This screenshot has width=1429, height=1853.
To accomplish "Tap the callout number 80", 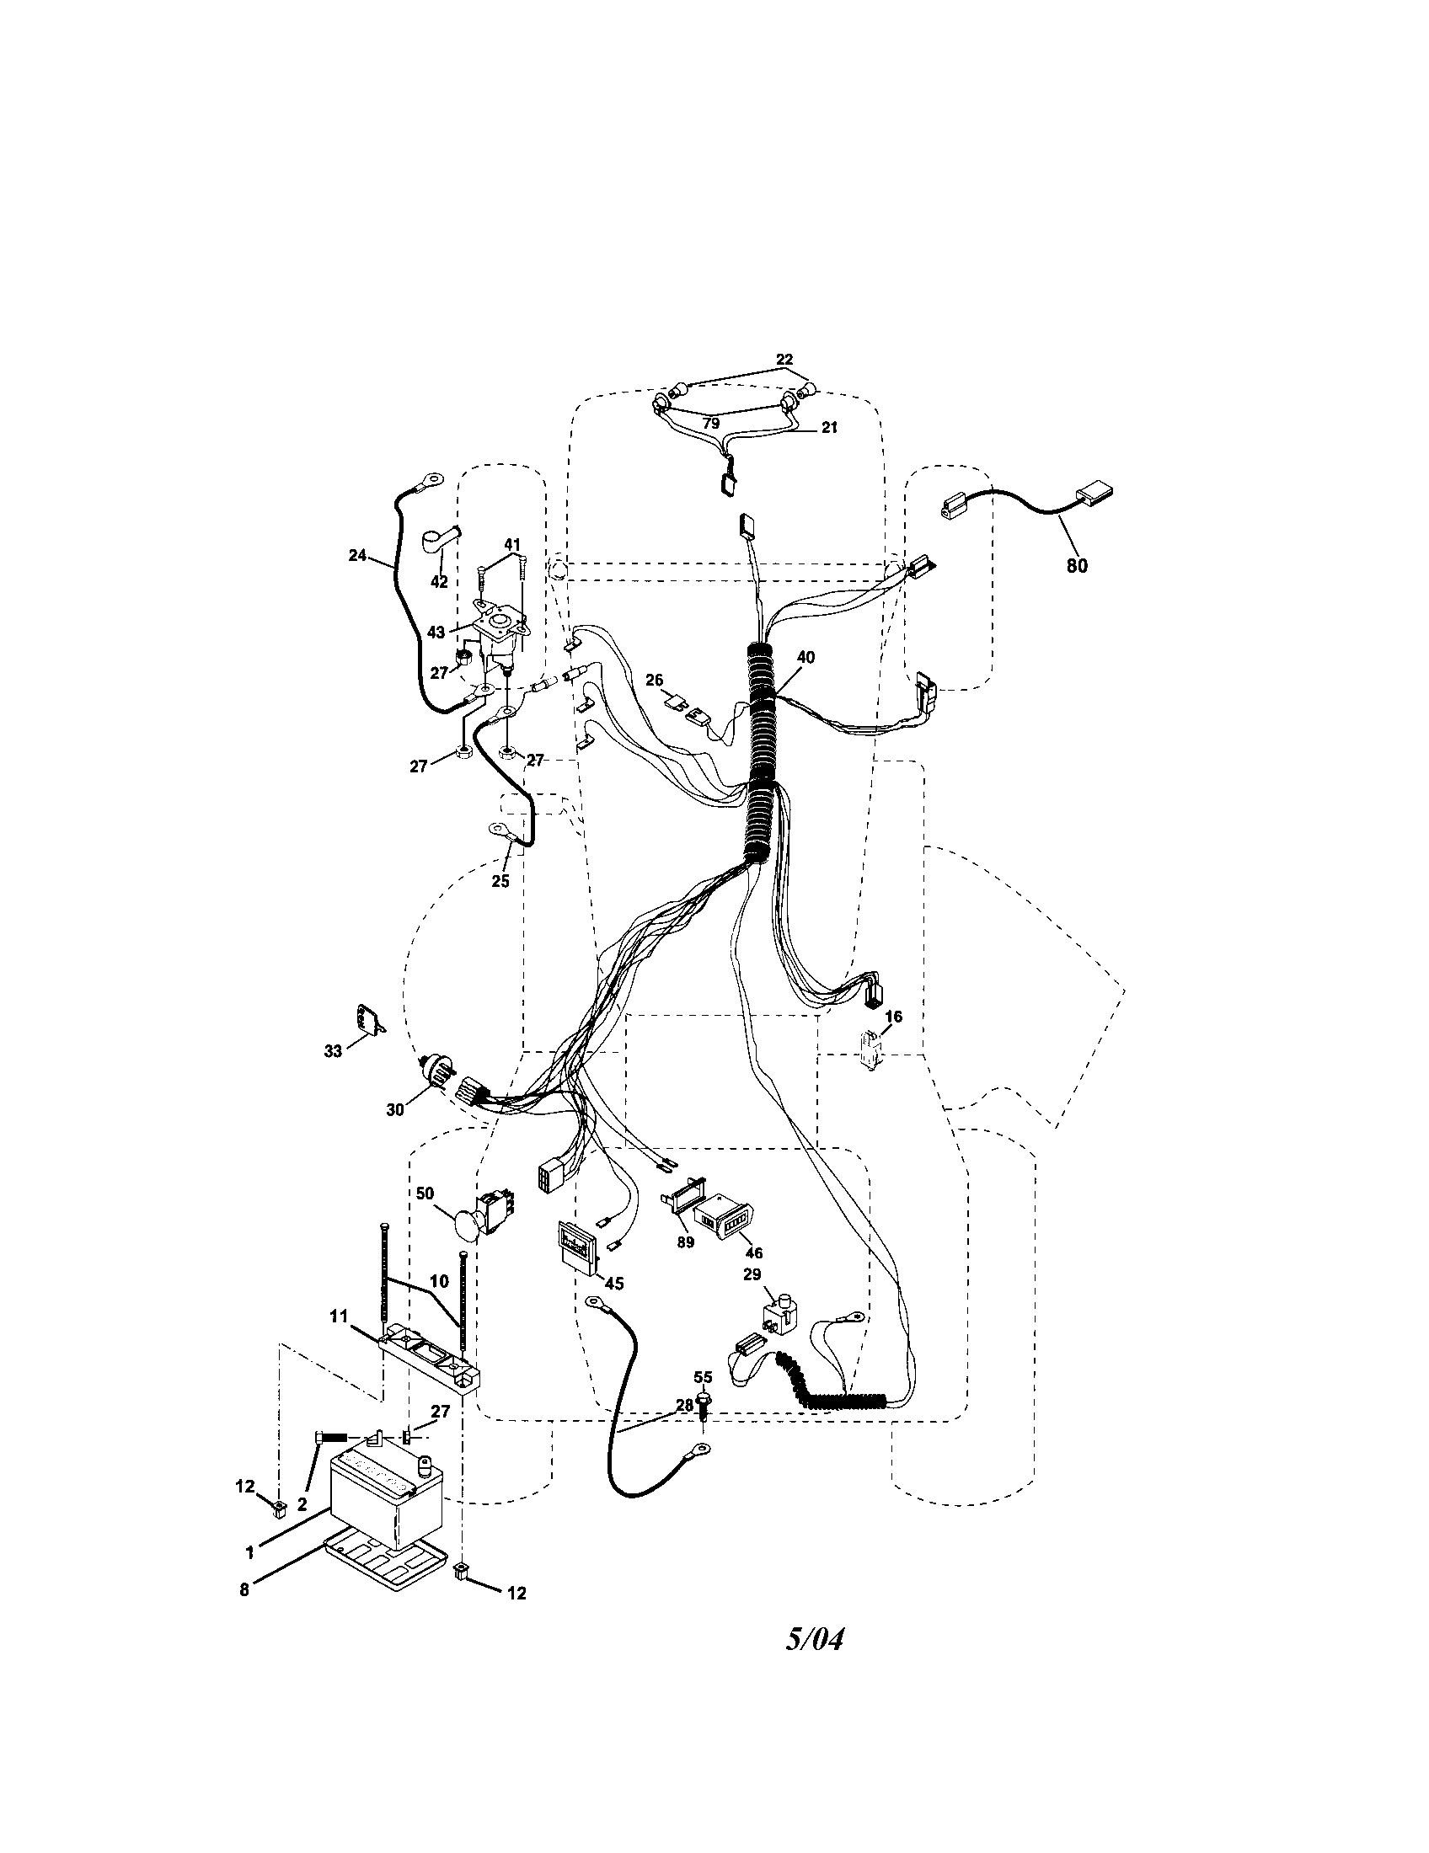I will (x=1077, y=565).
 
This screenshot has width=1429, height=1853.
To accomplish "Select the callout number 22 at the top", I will (x=784, y=360).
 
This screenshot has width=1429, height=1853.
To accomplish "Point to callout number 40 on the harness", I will (x=805, y=658).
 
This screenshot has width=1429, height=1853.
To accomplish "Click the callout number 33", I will (x=333, y=1051).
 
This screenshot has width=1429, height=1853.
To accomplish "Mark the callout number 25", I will (x=500, y=881).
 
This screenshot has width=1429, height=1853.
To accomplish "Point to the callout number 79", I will (x=711, y=422).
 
